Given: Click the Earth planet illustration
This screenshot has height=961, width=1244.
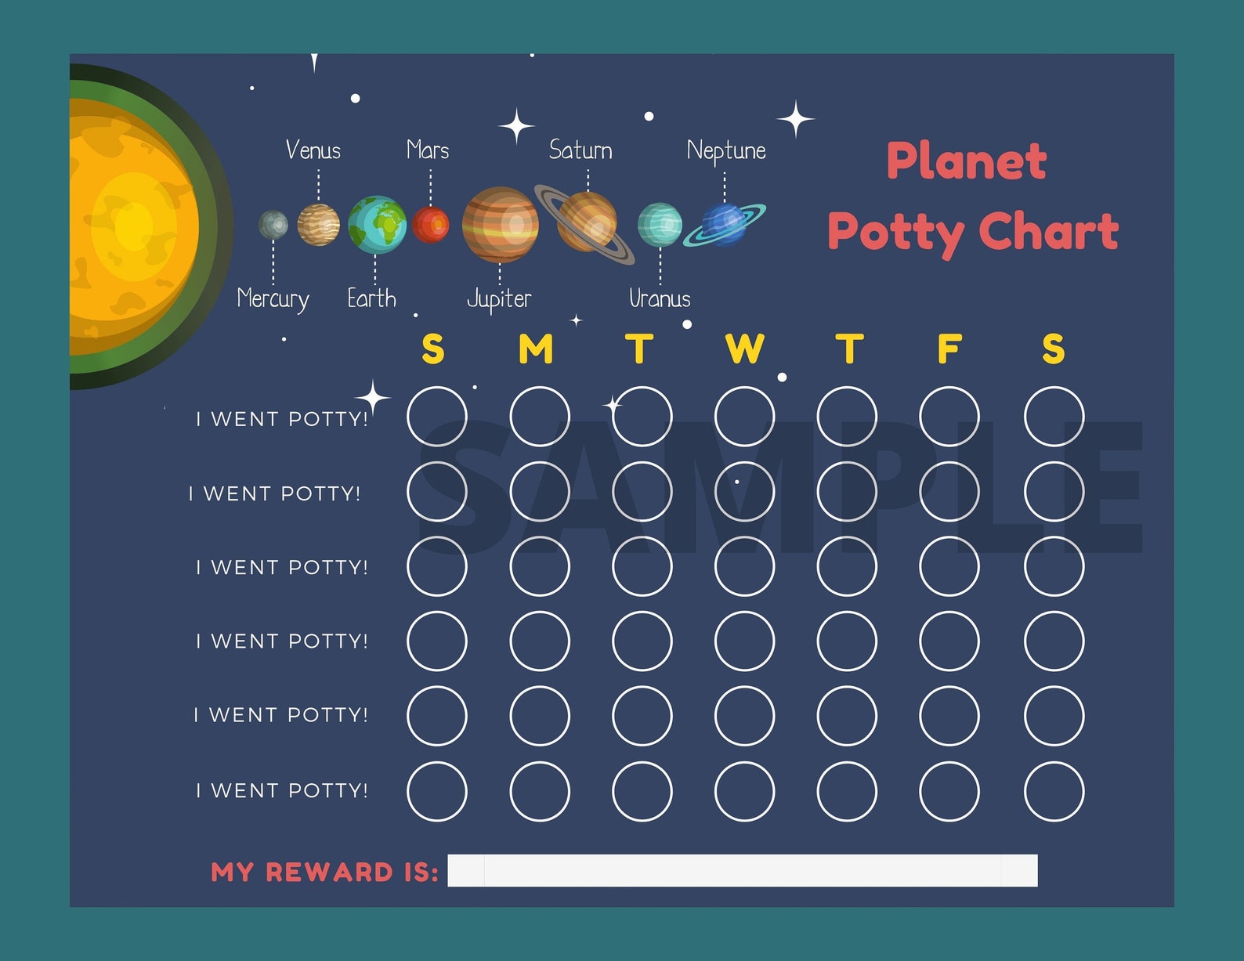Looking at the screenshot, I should point(377,225).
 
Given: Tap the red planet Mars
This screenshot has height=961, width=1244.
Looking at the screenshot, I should point(431,225).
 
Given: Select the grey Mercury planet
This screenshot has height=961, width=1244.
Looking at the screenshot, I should point(273,225).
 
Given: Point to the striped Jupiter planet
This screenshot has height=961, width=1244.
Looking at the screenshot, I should point(500,225).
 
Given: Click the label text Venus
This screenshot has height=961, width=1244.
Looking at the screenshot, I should point(313,150).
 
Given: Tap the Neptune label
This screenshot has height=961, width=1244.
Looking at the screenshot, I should point(726,150).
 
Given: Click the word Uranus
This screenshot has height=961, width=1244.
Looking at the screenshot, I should point(660,299).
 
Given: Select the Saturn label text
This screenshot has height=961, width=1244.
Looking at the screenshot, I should point(580,150).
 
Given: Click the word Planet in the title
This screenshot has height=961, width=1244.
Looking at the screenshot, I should point(966,161).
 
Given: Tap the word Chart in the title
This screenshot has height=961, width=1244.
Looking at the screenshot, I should point(1048,232).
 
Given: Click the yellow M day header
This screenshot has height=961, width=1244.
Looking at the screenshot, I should point(536,349).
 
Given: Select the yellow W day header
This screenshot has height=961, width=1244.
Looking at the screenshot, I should point(744,349).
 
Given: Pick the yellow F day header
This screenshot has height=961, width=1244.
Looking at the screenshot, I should point(949,349).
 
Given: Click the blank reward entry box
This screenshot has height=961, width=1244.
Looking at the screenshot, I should point(742,871).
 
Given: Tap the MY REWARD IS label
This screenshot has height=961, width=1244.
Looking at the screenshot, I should point(324,872).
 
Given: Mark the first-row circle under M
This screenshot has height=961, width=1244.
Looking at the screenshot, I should point(540,417).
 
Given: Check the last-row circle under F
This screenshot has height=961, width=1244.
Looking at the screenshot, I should point(949,791).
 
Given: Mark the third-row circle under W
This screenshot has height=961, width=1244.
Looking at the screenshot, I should point(744,566).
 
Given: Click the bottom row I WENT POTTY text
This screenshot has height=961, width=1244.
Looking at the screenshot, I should point(282,791).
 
